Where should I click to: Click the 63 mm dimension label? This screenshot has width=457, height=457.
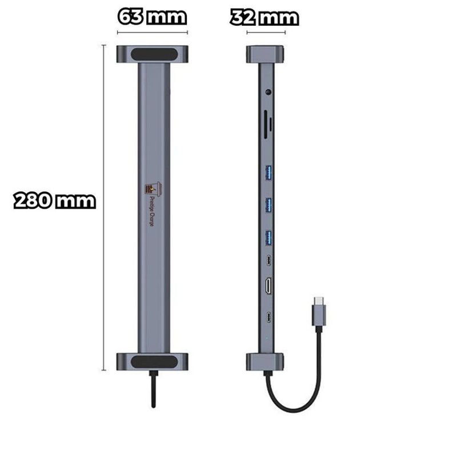coord(152,17)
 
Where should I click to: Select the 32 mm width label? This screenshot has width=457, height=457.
coord(264,17)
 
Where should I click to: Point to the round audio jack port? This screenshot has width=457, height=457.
coord(268,91)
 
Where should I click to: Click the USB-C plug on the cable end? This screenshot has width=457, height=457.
coord(319,311)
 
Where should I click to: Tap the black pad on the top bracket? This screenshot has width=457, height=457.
coord(152,55)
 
